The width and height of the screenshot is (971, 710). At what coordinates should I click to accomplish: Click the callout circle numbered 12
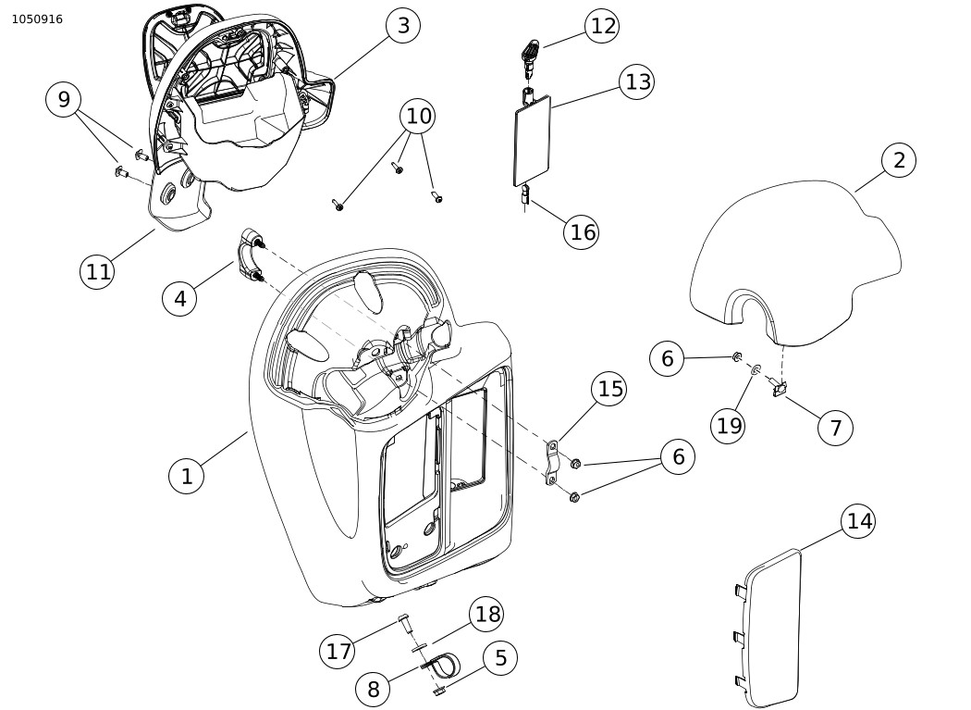pyautogui.click(x=603, y=26)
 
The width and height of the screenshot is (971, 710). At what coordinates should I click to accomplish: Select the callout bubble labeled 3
pyautogui.click(x=403, y=26)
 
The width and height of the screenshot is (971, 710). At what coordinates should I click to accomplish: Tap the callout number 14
pyautogui.click(x=859, y=521)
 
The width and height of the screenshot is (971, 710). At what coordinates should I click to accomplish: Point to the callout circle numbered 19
pyautogui.click(x=730, y=425)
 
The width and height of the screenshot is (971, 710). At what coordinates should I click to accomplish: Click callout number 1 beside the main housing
pyautogui.click(x=187, y=476)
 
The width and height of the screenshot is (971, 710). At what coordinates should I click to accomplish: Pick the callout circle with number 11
pyautogui.click(x=98, y=271)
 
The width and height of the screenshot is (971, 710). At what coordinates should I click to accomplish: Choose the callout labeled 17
pyautogui.click(x=338, y=651)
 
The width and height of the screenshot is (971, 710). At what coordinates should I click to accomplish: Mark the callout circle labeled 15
pyautogui.click(x=610, y=389)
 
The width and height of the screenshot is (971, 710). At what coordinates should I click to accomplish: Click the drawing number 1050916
pyautogui.click(x=37, y=19)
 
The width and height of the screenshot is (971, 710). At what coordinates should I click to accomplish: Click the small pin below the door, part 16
pyautogui.click(x=526, y=195)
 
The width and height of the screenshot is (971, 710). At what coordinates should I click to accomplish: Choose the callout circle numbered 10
pyautogui.click(x=419, y=116)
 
